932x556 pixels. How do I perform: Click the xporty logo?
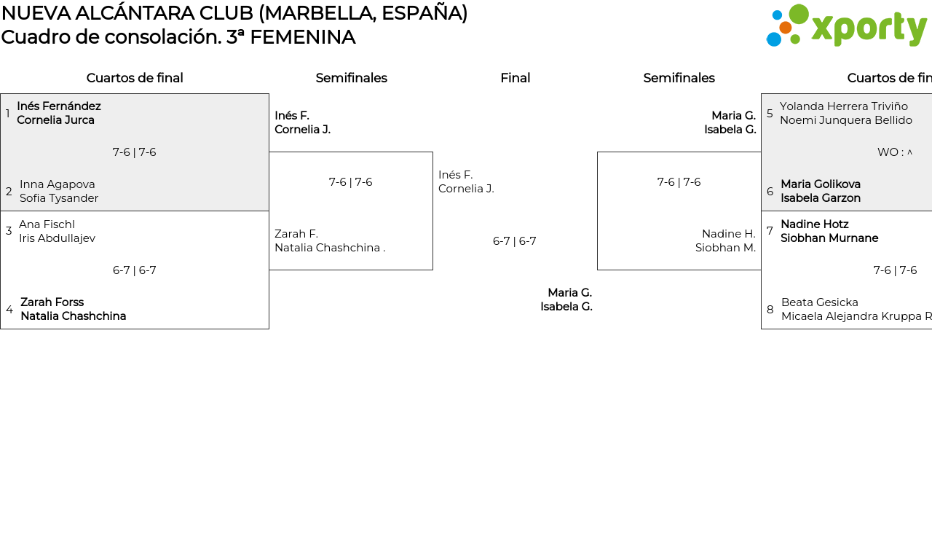[846, 26]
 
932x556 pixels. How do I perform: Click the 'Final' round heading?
[515, 78]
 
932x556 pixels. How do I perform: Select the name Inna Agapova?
[58, 184]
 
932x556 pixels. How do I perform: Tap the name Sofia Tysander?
[59, 197]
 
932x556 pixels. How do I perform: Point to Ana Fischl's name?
[47, 224]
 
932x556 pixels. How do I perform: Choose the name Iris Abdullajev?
[57, 238]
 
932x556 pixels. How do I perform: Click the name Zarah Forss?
[52, 302]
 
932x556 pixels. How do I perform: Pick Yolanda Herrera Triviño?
[843, 106]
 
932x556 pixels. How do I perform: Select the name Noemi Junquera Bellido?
[846, 120]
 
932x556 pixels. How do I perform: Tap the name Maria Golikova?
[821, 184]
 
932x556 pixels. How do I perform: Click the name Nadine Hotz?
[814, 224]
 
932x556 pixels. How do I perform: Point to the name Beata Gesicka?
[820, 302]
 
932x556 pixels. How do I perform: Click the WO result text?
[895, 152]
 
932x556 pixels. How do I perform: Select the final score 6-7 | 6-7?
[514, 241]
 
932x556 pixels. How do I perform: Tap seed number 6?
[770, 191]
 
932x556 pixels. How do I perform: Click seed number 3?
[9, 231]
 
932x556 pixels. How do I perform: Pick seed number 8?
[770, 310]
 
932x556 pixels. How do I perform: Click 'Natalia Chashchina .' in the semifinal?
[330, 248]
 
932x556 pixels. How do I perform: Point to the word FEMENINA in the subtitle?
[303, 37]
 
